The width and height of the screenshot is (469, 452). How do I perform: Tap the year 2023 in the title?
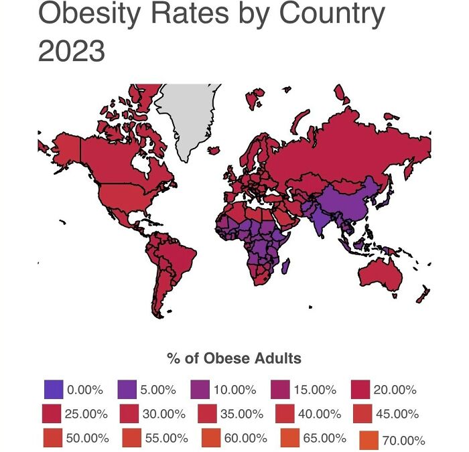pos(71,52)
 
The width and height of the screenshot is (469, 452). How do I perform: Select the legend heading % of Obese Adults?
pos(234,358)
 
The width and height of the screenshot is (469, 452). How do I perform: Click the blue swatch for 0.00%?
pos(53,389)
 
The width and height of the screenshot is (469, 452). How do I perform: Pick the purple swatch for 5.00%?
pos(127,389)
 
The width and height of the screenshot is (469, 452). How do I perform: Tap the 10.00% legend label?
pos(234,390)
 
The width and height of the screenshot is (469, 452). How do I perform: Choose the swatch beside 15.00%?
pos(280,389)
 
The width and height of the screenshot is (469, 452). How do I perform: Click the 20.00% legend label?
pos(395,390)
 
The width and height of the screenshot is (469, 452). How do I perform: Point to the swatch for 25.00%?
pos(52,414)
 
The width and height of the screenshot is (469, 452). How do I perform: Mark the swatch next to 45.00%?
pos(362,414)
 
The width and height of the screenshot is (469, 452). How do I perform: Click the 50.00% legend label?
pos(87,439)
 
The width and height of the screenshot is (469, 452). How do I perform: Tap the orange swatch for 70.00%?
pos(369,440)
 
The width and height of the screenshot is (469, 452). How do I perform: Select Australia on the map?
pos(379,275)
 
